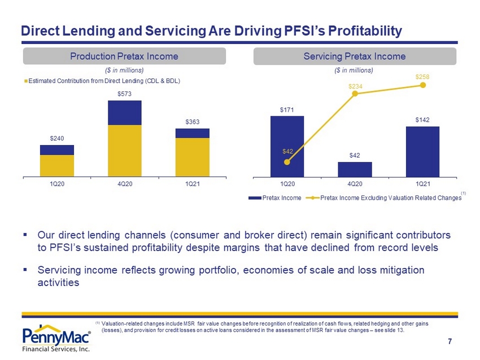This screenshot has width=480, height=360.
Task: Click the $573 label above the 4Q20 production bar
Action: [125, 94]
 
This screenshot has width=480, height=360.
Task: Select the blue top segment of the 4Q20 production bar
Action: [125, 112]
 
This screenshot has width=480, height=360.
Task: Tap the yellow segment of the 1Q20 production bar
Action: [57, 166]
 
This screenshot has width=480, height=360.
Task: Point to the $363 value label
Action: [192, 122]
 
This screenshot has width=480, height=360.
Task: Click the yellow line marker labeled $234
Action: [355, 94]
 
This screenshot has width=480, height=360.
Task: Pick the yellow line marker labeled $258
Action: [423, 85]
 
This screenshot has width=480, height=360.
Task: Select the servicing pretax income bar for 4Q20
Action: [355, 169]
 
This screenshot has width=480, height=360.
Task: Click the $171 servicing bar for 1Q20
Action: [287, 147]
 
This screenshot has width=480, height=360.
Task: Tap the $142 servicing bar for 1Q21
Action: [423, 152]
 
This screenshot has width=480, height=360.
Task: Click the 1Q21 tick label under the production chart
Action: [192, 184]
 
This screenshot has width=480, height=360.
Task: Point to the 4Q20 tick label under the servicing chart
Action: [355, 184]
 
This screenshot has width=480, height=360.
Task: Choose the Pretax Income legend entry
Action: [275, 198]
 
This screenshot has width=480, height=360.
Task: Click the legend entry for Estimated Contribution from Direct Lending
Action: [103, 81]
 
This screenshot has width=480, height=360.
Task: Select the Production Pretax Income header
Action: [124, 56]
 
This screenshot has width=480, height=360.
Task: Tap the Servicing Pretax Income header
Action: [355, 56]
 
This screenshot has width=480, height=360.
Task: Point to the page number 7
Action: [450, 341]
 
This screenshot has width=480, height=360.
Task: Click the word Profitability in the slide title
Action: [365, 31]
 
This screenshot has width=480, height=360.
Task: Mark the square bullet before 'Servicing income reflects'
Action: [25, 270]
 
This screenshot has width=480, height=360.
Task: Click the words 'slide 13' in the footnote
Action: [394, 330]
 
